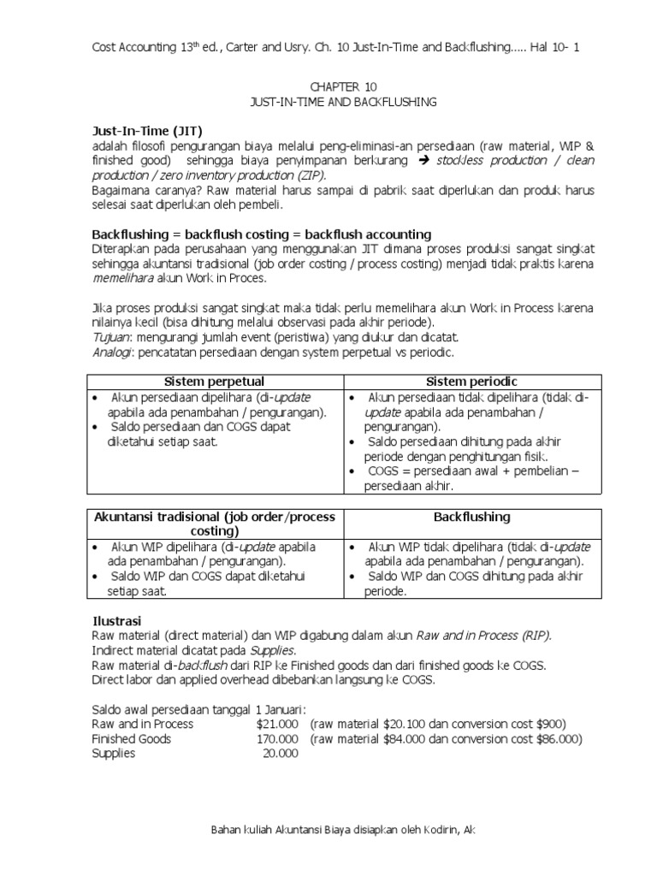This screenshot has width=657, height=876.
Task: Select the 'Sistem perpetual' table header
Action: (x=215, y=382)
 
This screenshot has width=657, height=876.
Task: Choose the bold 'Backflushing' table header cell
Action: (x=471, y=517)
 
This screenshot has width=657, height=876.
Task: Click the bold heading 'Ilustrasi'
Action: (x=116, y=619)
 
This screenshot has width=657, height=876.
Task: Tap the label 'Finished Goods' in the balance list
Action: (x=131, y=738)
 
